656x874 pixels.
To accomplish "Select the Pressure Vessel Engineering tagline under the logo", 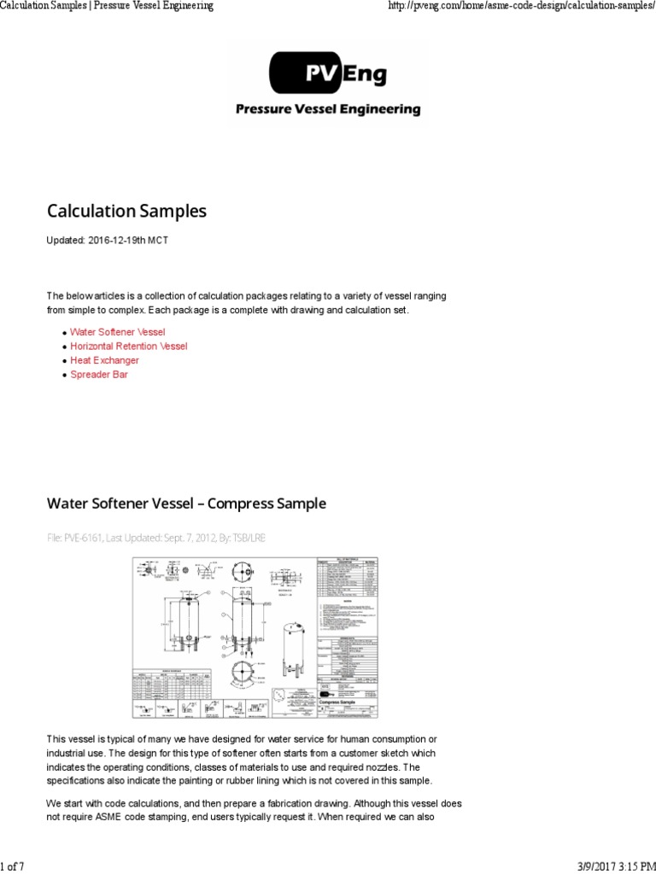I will click(x=328, y=109).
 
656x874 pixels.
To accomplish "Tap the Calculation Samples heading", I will click(x=126, y=211).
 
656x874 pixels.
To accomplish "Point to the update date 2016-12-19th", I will click(x=120, y=241).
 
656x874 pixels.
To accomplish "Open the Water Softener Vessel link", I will click(x=118, y=331).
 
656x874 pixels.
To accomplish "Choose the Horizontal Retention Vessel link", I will click(x=128, y=346).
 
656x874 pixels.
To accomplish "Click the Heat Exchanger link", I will click(x=104, y=360).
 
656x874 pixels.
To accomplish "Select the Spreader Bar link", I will click(x=99, y=375).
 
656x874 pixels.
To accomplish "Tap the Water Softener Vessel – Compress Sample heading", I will click(x=186, y=504).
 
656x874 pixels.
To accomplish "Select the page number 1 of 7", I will click(x=12, y=867).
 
